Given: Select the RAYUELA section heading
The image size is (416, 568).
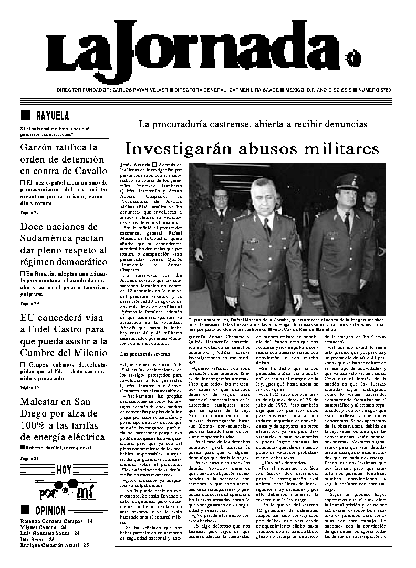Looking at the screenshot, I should (52, 116).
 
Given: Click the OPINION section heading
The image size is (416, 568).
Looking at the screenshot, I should (50, 510).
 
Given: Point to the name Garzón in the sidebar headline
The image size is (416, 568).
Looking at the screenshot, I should (37, 147).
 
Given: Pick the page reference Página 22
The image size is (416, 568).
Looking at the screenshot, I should (29, 213).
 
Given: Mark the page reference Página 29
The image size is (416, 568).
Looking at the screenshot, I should (29, 303).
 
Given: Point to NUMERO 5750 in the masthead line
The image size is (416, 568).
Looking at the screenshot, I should (375, 90).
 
